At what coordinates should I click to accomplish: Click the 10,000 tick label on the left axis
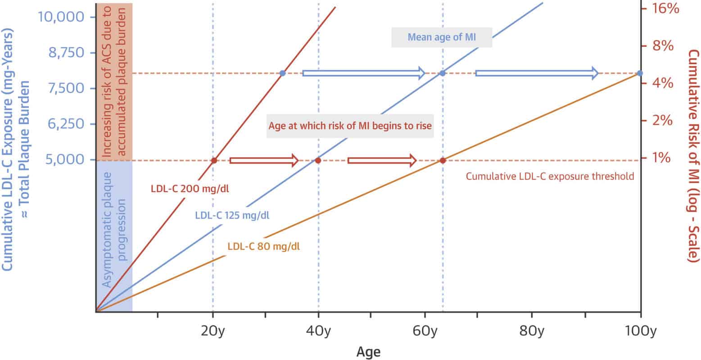click(61, 17)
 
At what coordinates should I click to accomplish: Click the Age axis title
click(368, 351)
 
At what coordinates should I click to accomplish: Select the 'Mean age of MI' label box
click(441, 37)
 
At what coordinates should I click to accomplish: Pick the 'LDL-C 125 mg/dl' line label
click(232, 215)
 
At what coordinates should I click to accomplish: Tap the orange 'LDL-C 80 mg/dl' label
click(264, 246)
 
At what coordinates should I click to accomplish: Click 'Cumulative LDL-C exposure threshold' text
click(550, 176)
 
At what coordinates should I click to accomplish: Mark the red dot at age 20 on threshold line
click(214, 160)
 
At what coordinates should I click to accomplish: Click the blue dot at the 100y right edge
click(640, 73)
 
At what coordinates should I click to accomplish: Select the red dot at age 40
click(317, 160)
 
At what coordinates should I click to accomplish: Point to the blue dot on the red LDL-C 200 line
click(282, 73)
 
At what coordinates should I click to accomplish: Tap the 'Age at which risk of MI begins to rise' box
click(350, 126)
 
